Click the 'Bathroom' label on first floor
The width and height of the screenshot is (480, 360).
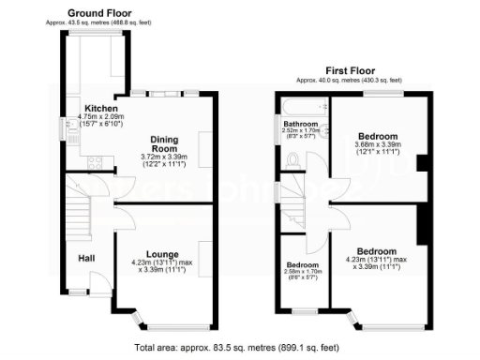pos(301,124)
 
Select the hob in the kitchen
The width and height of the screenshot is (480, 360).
pos(95,162)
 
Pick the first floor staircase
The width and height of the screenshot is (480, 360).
pos(300,211)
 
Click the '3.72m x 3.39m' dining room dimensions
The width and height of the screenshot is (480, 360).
pos(164,157)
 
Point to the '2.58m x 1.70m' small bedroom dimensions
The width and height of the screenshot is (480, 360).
pos(303,272)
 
